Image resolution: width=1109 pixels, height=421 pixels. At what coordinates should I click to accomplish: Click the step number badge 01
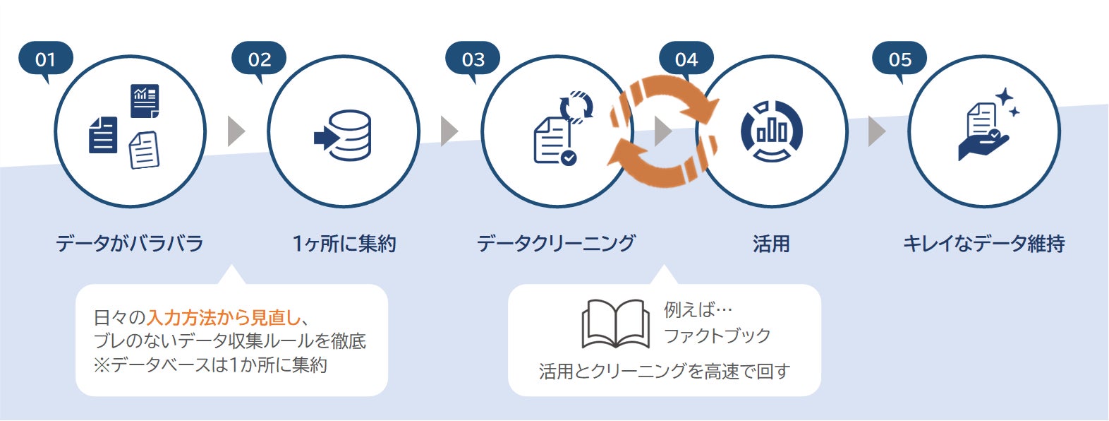pyautogui.click(x=45, y=59)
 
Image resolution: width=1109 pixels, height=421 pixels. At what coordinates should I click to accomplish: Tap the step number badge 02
pyautogui.click(x=259, y=59)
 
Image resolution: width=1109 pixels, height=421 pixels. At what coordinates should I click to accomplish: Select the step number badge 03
pyautogui.click(x=473, y=59)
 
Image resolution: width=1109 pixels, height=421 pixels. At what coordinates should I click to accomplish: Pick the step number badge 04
pyautogui.click(x=686, y=59)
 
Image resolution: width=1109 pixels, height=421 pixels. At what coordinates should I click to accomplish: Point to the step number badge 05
pyautogui.click(x=899, y=59)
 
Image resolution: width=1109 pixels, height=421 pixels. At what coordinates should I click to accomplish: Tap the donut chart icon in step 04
pyautogui.click(x=772, y=132)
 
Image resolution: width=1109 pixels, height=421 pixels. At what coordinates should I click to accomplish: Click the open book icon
pyautogui.click(x=615, y=324)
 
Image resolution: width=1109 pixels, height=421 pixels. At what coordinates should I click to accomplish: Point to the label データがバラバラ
pyautogui.click(x=130, y=244)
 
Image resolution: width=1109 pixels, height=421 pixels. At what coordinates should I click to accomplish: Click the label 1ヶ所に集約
pyautogui.click(x=344, y=244)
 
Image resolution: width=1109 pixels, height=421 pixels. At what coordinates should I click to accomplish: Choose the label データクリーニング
pyautogui.click(x=556, y=244)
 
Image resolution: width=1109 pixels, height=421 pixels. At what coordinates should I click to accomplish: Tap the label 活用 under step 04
pyautogui.click(x=771, y=244)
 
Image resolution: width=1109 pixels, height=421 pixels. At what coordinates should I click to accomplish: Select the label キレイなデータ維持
pyautogui.click(x=984, y=244)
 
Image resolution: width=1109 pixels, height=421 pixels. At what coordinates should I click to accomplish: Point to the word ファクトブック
pyautogui.click(x=717, y=336)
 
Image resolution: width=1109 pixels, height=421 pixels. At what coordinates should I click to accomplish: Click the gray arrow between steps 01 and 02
pyautogui.click(x=236, y=131)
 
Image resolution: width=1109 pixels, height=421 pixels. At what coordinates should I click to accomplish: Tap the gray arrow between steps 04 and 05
pyautogui.click(x=876, y=131)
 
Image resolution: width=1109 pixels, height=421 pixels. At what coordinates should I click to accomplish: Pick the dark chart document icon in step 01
pyautogui.click(x=145, y=101)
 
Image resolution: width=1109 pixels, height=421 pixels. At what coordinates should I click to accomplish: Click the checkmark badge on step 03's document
pyautogui.click(x=569, y=158)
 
